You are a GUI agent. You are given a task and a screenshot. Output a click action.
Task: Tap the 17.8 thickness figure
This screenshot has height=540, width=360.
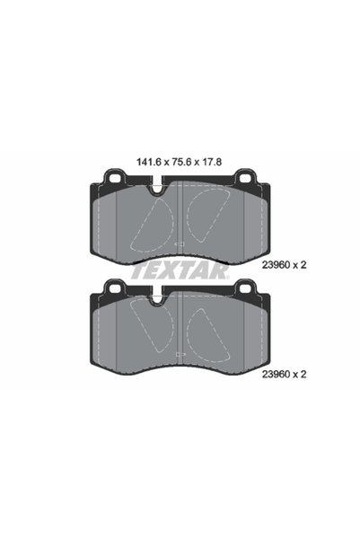(211, 162)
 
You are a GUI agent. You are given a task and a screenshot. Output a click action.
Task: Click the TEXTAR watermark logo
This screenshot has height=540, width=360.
(180, 271)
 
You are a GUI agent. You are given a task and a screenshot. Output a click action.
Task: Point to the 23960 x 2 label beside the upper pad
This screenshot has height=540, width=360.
(284, 265)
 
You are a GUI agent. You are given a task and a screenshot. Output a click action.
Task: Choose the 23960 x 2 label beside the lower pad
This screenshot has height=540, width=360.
(284, 374)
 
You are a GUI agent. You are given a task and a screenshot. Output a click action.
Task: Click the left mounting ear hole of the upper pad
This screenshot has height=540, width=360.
(114, 178)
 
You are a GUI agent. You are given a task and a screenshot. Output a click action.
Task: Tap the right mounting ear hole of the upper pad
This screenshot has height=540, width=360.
(245, 178)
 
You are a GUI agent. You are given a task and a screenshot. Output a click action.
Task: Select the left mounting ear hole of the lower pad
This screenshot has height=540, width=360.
(114, 288)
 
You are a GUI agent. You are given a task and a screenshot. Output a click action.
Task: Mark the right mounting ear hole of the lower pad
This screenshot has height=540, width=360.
(245, 288)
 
